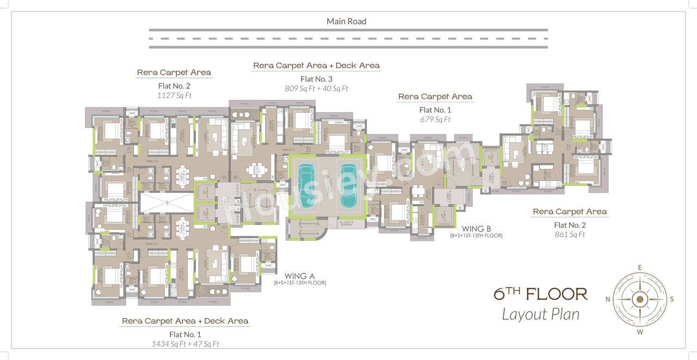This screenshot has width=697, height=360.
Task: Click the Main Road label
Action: point(346,22)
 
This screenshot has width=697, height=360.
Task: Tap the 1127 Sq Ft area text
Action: point(174,95)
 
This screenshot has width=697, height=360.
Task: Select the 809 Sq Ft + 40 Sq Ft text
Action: point(316,88)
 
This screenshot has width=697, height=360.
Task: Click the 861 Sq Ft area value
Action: point(570,235)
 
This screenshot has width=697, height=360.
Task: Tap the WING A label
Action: point(299,276)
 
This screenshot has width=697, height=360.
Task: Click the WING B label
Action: point(476,229)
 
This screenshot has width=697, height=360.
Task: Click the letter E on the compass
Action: point(640,267)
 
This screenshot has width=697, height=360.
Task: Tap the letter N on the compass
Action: point(608,299)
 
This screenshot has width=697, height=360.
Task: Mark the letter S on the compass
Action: point(672,299)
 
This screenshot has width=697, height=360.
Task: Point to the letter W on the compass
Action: point(640,332)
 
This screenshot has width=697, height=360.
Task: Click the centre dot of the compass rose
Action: point(640,299)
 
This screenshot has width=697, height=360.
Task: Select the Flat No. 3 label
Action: point(316,78)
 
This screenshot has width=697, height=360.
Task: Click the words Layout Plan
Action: point(540,314)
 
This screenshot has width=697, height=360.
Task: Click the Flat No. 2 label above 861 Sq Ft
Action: point(570,225)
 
